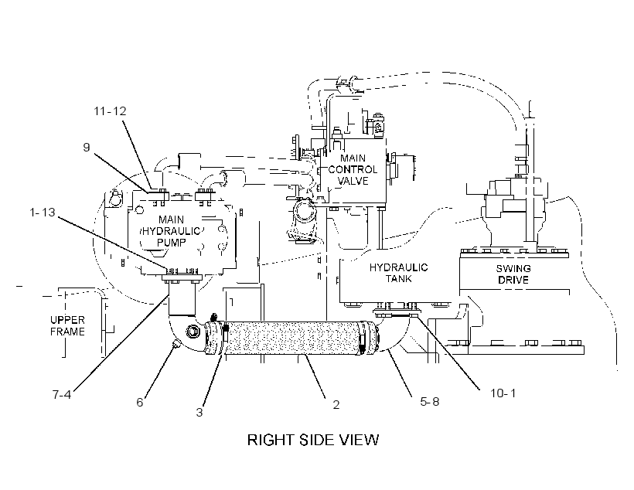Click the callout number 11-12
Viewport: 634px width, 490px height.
[110, 111]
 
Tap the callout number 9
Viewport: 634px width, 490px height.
[86, 147]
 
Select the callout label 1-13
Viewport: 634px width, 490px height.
[42, 212]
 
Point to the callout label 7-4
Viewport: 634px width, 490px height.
[61, 394]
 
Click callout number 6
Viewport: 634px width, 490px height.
[139, 402]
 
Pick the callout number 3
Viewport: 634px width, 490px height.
[199, 413]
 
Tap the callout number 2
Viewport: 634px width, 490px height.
[336, 405]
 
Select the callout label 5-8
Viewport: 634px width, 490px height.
[429, 401]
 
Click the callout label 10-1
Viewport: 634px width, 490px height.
[503, 393]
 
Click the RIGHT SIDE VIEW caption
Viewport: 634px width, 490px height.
[313, 440]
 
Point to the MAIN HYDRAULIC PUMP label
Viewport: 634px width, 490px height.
[171, 231]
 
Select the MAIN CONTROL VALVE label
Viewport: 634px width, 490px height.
[353, 169]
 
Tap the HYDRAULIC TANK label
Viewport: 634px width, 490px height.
[398, 273]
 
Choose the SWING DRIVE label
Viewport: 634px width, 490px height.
[513, 274]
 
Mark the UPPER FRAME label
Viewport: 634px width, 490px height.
[67, 326]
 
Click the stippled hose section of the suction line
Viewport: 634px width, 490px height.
[292, 338]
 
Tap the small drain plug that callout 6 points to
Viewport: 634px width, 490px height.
[175, 345]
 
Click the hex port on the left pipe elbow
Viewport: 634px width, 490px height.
[192, 332]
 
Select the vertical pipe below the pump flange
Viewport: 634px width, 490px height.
[182, 298]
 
